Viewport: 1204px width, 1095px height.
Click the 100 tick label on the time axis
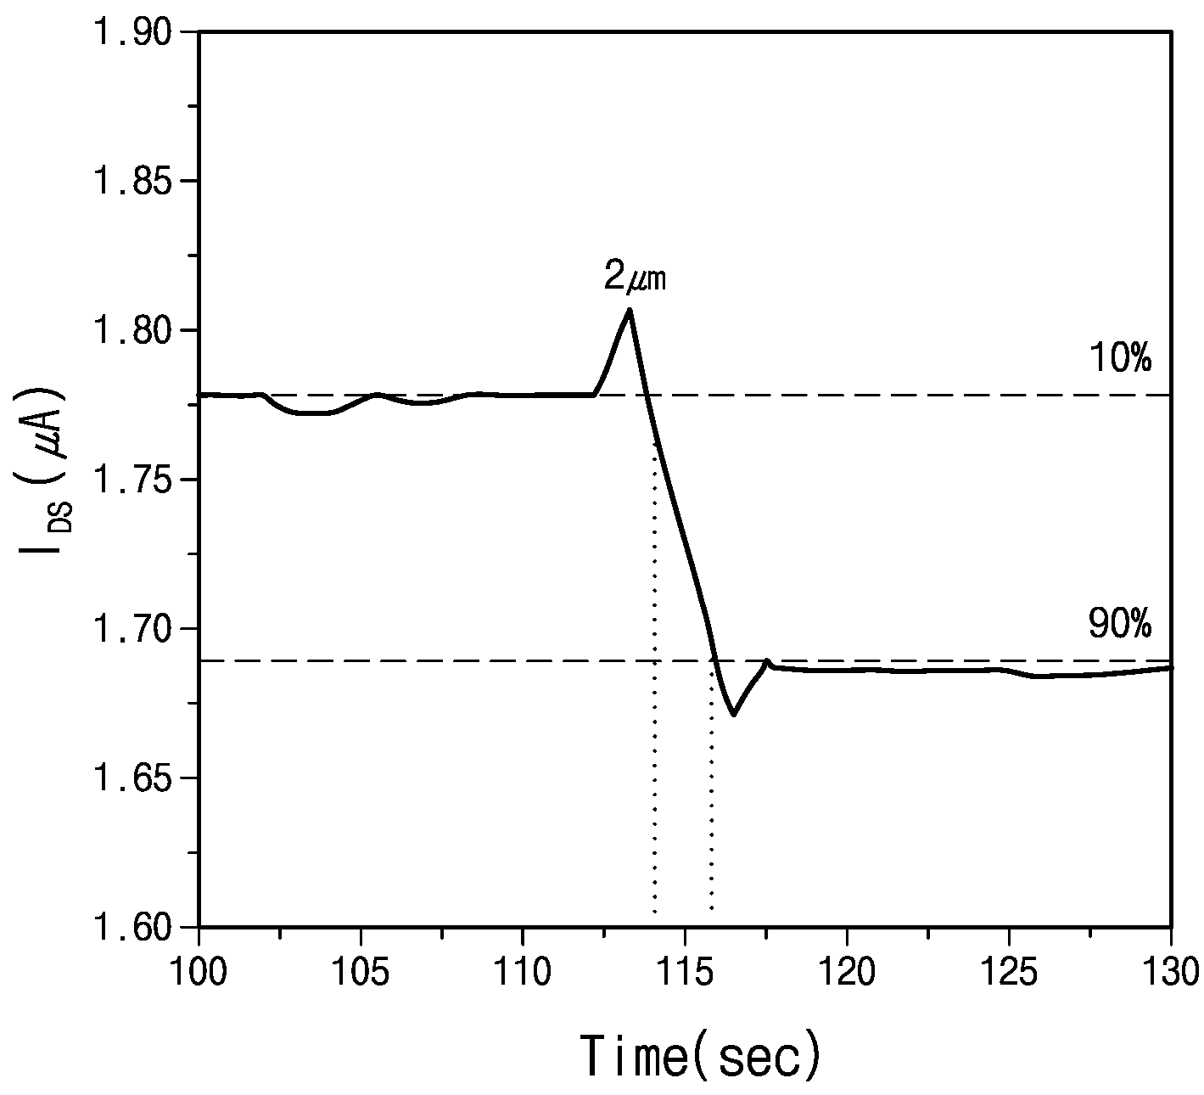pos(199,972)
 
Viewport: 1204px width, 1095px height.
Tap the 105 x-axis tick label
pos(360,972)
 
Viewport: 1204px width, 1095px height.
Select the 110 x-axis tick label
pos(522,972)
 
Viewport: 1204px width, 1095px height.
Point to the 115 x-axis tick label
pos(684,972)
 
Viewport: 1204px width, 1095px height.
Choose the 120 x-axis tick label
pos(847,972)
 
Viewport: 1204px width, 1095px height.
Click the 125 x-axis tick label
pos(1009,972)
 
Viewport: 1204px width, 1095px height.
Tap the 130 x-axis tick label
pos(1171,972)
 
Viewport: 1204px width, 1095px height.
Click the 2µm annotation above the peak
pos(635,277)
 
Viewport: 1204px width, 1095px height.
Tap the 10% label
pos(1120,358)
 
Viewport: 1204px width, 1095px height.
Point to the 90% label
pos(1120,626)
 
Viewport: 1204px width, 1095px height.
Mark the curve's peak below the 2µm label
pos(629,310)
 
